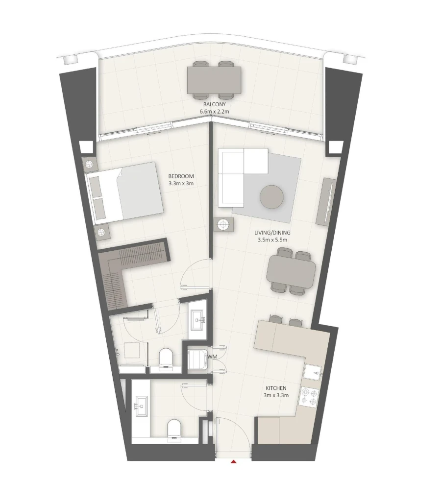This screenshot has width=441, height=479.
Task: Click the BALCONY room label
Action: pyautogui.click(x=215, y=105)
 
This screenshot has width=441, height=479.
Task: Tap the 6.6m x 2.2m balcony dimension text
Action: pyautogui.click(x=215, y=112)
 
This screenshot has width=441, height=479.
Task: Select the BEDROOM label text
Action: pyautogui.click(x=181, y=176)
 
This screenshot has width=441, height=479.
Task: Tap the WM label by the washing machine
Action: pyautogui.click(x=212, y=357)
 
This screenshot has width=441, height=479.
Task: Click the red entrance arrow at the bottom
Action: pyautogui.click(x=234, y=462)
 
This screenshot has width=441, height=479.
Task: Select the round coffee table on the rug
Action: pyautogui.click(x=271, y=197)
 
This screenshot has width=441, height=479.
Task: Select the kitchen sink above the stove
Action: pyautogui.click(x=312, y=373)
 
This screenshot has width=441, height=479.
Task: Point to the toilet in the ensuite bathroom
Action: pyautogui.click(x=166, y=357)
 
